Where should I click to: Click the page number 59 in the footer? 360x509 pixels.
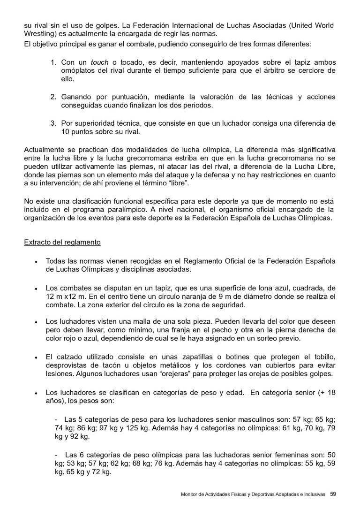pyautogui.click(x=333, y=494)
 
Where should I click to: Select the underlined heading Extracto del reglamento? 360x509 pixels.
pyautogui.click(x=62, y=243)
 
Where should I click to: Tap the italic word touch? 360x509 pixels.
pyautogui.click(x=99, y=62)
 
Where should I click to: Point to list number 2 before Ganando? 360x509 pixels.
pyautogui.click(x=53, y=97)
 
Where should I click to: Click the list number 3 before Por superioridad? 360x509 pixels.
pyautogui.click(x=53, y=123)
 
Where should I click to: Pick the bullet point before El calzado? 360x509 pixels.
pyautogui.click(x=36, y=357)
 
